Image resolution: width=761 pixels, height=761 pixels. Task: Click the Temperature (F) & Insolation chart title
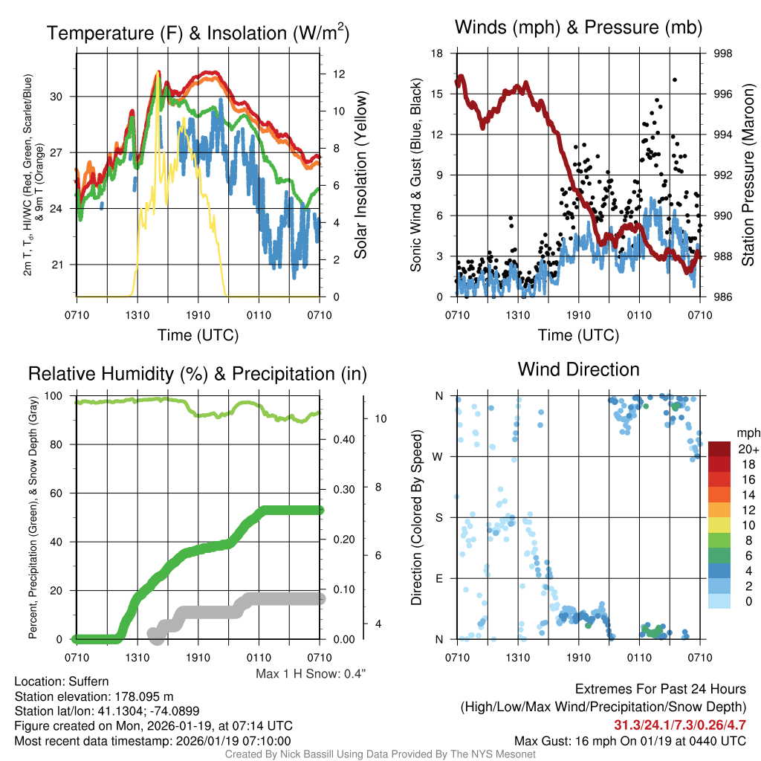tap(198, 33)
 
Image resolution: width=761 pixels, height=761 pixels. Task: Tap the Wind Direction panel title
tap(578, 369)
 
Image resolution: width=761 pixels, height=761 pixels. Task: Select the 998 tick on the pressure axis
tap(722, 54)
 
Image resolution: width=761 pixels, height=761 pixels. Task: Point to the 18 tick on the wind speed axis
tap(438, 54)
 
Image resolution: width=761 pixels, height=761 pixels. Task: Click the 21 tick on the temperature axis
tap(58, 265)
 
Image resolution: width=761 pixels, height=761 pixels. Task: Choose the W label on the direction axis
tap(438, 456)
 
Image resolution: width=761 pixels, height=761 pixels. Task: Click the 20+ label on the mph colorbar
tap(748, 450)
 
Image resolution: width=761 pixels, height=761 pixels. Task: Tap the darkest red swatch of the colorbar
tap(719, 450)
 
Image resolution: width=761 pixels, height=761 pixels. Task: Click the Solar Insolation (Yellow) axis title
tap(362, 175)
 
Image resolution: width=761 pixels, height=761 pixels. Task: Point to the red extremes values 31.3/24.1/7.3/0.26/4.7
tap(680, 725)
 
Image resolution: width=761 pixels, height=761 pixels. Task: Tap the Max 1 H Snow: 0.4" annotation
tap(311, 673)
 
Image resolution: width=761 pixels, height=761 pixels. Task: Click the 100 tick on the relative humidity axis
tap(56, 396)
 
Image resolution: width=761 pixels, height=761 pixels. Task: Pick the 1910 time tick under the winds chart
tap(578, 316)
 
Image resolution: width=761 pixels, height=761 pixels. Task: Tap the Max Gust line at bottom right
tap(630, 741)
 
